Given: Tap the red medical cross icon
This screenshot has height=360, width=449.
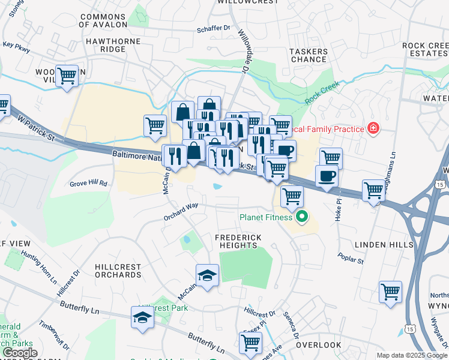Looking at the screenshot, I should [x=373, y=128].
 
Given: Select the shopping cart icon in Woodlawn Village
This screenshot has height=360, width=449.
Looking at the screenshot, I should [x=67, y=76].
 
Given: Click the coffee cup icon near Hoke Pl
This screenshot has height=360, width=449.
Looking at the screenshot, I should [x=327, y=176].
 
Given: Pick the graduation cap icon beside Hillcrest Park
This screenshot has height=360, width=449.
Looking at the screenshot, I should [x=143, y=317].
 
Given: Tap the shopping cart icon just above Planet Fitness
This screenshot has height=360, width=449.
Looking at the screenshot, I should [x=292, y=196].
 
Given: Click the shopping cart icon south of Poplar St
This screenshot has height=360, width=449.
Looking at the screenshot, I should [x=390, y=292].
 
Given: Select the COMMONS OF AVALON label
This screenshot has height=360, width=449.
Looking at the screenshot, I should [x=103, y=21].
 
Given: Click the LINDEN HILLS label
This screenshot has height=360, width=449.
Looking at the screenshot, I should [x=384, y=245].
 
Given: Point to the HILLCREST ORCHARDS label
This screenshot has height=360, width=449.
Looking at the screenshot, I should [x=118, y=271].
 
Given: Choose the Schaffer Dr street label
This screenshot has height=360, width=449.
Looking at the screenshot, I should [x=214, y=28].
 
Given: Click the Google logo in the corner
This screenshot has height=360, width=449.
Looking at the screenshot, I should [x=20, y=353].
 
